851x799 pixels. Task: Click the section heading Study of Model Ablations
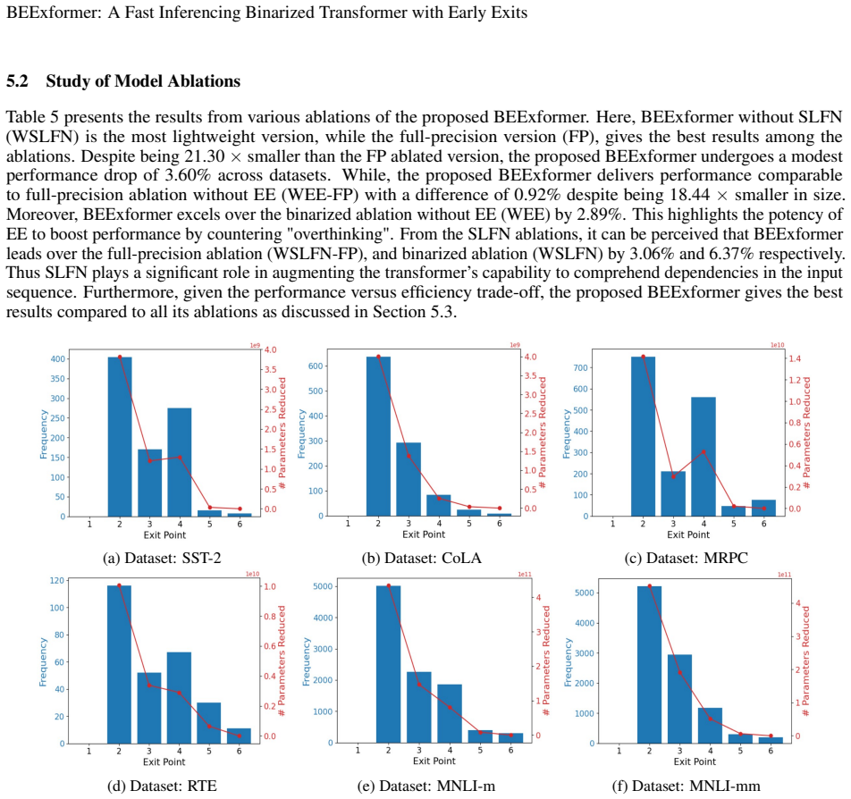click(143, 80)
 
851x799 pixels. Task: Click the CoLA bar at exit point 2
click(378, 436)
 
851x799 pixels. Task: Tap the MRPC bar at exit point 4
click(704, 457)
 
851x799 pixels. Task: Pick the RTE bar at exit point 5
click(209, 723)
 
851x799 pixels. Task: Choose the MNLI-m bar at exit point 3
click(419, 707)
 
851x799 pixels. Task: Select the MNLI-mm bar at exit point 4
click(710, 726)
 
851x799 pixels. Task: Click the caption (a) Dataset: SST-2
click(163, 558)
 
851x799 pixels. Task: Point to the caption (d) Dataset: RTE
click(163, 786)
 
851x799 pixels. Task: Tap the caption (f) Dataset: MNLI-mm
click(686, 786)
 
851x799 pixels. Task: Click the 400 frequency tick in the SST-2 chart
click(57, 358)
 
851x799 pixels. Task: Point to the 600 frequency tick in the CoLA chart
click(316, 366)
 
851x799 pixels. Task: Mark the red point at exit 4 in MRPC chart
click(704, 451)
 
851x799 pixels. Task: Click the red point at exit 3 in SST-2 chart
click(150, 461)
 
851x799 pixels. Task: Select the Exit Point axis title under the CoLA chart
click(424, 534)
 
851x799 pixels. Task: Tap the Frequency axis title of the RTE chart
click(43, 661)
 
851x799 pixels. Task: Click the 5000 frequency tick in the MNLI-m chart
click(324, 586)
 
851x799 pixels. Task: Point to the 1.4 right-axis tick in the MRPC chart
click(795, 358)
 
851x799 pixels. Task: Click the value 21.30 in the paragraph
click(204, 156)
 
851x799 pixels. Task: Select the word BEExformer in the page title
click(54, 12)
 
